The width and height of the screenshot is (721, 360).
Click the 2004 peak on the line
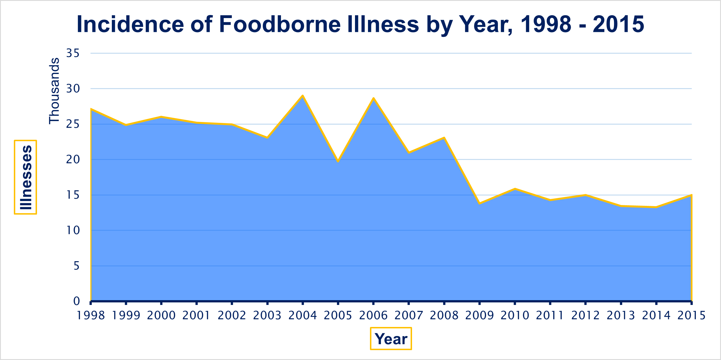[302, 96]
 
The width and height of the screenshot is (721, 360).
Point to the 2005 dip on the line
[338, 161]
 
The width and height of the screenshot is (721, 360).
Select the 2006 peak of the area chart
[373, 98]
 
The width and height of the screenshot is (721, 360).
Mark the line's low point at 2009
[480, 203]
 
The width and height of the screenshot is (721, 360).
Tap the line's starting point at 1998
[91, 109]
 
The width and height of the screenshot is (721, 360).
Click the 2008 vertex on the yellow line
[444, 138]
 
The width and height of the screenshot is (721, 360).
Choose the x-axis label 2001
[196, 315]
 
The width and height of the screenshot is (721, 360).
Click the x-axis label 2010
[515, 315]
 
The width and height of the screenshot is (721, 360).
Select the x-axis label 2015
[691, 315]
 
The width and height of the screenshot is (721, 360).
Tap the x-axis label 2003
[267, 315]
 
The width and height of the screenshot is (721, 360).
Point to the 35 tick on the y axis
[73, 53]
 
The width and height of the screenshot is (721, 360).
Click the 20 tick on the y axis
[73, 160]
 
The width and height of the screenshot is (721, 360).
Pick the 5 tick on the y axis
[77, 266]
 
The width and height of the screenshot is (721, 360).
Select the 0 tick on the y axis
[77, 301]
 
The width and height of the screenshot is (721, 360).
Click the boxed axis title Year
[391, 339]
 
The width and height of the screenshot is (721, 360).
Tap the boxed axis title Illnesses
[26, 177]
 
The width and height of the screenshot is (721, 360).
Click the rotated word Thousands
[54, 91]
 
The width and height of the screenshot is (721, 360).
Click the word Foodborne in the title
[280, 24]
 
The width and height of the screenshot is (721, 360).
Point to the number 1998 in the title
[546, 24]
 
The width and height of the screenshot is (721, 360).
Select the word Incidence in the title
[130, 24]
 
